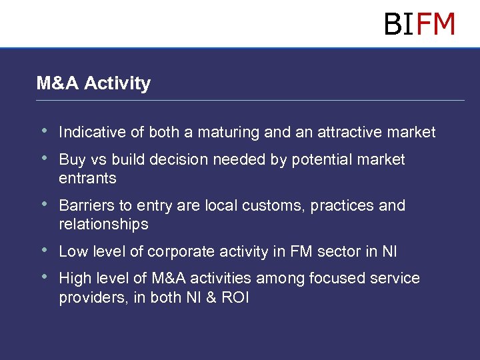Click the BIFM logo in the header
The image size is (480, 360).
click(419, 25)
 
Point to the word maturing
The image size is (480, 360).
click(227, 133)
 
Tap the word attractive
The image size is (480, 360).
click(351, 132)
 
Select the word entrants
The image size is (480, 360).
click(87, 179)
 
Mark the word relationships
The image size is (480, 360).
click(103, 224)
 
